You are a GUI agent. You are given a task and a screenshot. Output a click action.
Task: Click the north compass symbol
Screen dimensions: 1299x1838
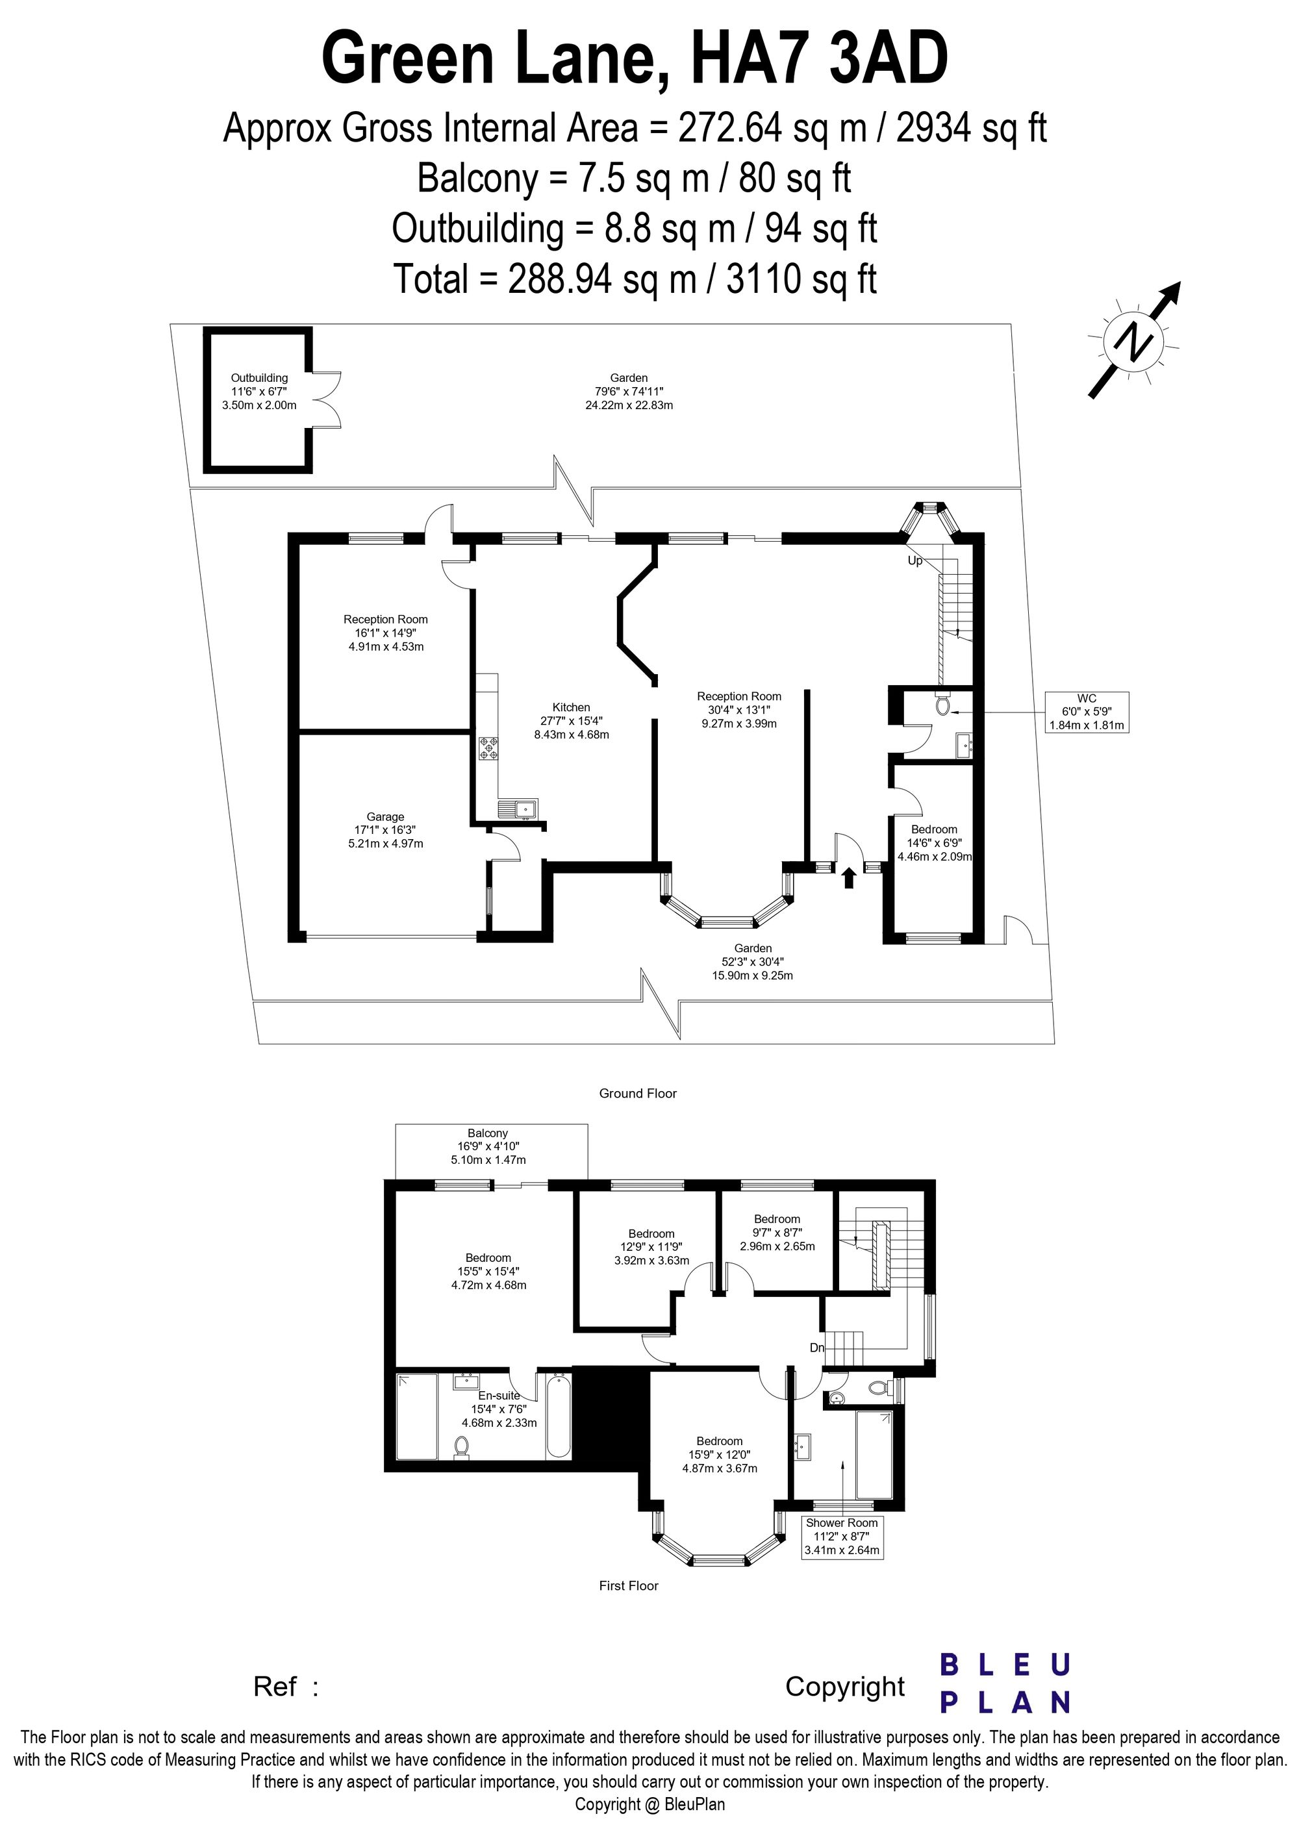(x=1134, y=340)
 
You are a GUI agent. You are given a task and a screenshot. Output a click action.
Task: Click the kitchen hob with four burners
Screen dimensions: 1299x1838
(x=488, y=748)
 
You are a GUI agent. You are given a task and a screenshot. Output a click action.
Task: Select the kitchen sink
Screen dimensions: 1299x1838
(x=519, y=809)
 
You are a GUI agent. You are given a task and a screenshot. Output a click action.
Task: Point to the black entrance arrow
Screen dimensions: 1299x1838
(x=849, y=877)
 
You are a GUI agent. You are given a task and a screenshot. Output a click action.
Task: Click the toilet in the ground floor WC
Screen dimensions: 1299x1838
(x=944, y=705)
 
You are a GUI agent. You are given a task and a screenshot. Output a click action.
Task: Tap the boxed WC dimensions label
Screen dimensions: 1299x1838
(x=1086, y=712)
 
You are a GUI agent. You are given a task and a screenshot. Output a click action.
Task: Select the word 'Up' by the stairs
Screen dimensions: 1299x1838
(x=915, y=560)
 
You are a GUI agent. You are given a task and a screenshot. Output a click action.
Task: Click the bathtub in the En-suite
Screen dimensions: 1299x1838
(x=559, y=1415)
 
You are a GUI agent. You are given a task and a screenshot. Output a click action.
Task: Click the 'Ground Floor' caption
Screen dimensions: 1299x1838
(x=638, y=1094)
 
